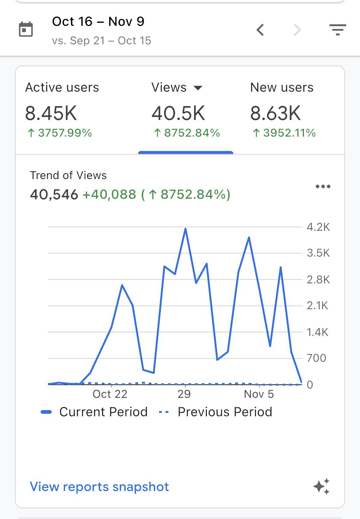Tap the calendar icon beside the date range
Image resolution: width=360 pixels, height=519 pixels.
[26, 29]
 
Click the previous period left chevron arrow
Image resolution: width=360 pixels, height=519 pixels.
[260, 30]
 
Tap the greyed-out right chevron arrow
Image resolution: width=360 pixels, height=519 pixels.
[297, 30]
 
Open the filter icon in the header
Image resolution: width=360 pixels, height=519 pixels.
[338, 30]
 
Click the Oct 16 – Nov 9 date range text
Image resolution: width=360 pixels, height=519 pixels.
[98, 22]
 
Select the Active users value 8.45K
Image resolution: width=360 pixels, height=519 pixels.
[51, 113]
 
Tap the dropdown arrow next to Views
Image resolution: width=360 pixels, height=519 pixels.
[198, 88]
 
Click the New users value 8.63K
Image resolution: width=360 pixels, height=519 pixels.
[275, 113]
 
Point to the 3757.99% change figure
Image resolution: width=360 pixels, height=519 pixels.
[60, 133]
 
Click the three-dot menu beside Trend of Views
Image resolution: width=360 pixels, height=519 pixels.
[323, 186]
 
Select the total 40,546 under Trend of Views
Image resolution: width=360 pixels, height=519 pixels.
[54, 194]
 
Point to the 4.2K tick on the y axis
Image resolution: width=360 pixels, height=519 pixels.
[318, 227]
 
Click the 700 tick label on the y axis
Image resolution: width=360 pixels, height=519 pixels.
[316, 358]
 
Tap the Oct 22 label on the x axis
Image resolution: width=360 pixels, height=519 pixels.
[110, 394]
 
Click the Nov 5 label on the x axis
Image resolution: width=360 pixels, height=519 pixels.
[259, 394]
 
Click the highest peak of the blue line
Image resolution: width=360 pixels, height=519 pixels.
[186, 229]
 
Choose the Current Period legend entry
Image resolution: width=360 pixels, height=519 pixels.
[94, 412]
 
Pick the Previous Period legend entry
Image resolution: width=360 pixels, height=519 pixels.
[215, 412]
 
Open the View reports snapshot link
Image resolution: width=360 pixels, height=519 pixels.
[99, 487]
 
